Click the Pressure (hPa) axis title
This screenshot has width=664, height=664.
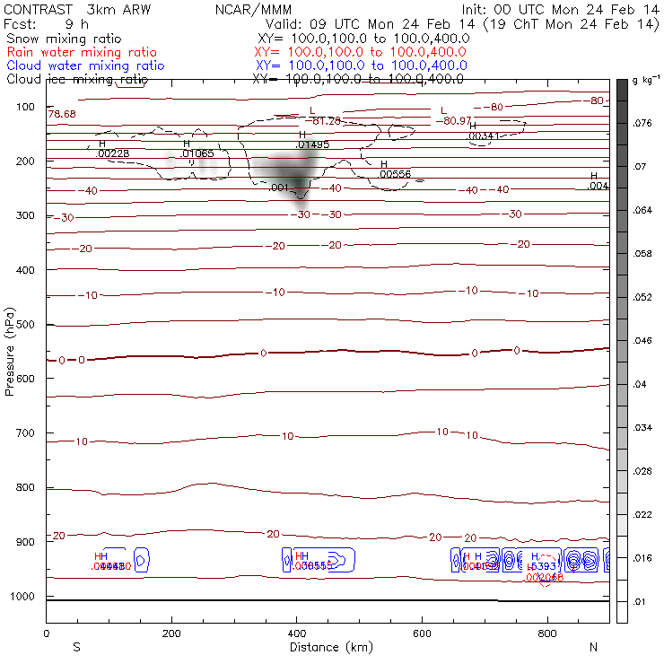pos(11,351)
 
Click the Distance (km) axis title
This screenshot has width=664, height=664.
pos(327,647)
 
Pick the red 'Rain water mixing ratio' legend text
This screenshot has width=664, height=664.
pos(81,53)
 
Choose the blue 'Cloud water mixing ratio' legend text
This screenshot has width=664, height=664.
pos(85,66)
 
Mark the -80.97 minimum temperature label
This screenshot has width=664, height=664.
pos(453,121)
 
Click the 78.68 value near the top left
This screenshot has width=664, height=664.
pos(62,115)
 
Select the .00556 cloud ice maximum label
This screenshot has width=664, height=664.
pos(394,174)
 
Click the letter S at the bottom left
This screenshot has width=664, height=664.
pos(76,647)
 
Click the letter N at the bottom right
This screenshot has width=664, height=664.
pos(593,647)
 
